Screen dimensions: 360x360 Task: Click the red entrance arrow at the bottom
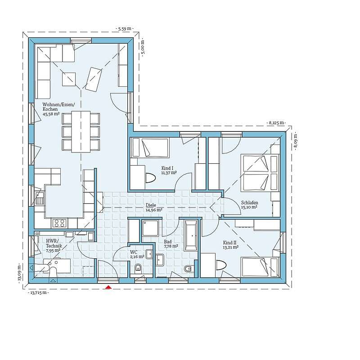(108, 288)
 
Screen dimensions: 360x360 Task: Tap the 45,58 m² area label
(51, 114)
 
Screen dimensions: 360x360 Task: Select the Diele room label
(150, 205)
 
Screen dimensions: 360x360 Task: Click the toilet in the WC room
(138, 269)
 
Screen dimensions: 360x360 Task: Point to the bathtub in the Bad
(191, 235)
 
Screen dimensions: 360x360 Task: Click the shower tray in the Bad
(149, 229)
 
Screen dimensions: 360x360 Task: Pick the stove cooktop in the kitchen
(59, 222)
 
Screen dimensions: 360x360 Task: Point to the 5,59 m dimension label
(124, 28)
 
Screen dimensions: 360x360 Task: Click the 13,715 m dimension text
(39, 292)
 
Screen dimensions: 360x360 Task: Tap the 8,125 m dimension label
(276, 122)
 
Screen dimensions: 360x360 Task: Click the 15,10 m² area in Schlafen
(249, 207)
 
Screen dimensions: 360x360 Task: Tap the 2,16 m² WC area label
(138, 256)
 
